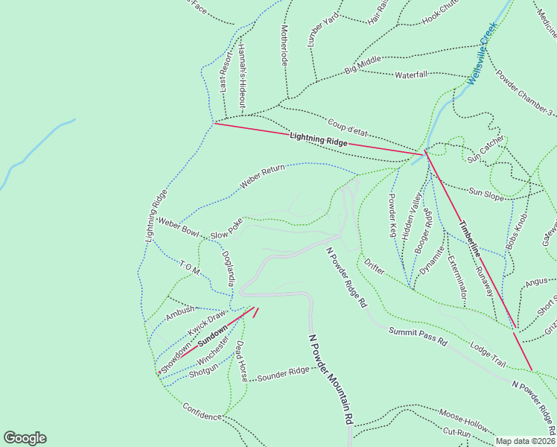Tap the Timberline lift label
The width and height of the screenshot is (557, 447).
click(x=470, y=239)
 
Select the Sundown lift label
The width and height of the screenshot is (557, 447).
click(x=212, y=336)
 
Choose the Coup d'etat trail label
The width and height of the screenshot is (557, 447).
click(x=347, y=126)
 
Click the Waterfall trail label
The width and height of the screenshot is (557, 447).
click(x=411, y=75)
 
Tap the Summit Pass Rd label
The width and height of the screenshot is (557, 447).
click(x=418, y=336)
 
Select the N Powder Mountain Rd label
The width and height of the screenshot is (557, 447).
click(x=330, y=379)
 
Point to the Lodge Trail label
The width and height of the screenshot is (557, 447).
click(x=488, y=354)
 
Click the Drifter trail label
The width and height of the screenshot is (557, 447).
click(x=374, y=267)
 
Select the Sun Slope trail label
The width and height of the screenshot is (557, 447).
click(x=485, y=194)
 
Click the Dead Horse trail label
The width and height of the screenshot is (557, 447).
click(x=241, y=361)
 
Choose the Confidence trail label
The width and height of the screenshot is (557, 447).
click(x=203, y=410)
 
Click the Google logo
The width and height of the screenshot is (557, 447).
click(x=25, y=438)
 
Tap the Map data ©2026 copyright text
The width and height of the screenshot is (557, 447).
click(x=525, y=441)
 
